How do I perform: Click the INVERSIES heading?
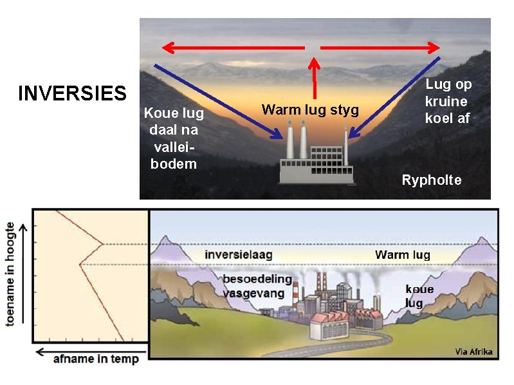72,93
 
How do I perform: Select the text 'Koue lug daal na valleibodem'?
173,138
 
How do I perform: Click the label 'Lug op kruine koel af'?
448,101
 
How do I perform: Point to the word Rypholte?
431,180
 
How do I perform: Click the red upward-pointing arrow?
314,77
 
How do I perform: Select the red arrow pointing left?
232,47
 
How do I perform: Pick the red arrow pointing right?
380,47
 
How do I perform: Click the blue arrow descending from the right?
395,98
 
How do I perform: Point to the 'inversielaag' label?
238,254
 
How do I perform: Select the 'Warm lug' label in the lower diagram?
402,255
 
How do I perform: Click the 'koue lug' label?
419,296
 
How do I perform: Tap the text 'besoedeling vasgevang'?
257,286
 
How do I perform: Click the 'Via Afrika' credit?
473,351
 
